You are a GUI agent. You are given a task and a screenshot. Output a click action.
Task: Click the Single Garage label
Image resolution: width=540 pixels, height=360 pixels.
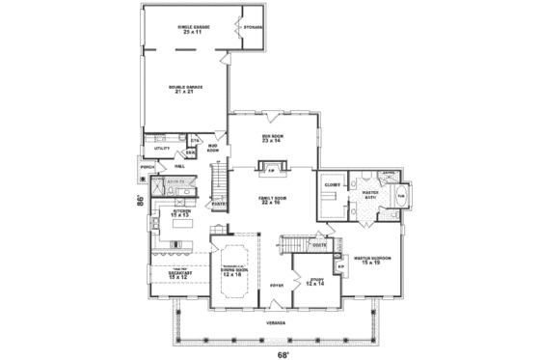[194, 29]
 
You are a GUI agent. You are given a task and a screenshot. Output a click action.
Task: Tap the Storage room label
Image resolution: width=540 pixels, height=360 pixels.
[254, 27]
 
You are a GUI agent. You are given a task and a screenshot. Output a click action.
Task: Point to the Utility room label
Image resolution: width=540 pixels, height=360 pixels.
[161, 149]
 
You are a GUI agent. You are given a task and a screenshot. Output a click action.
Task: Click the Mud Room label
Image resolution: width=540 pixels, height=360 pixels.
[213, 149]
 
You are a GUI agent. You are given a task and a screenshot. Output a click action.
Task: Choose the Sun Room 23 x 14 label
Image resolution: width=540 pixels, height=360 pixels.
[272, 139]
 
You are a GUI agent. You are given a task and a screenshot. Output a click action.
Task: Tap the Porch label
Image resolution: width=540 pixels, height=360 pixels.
[148, 167]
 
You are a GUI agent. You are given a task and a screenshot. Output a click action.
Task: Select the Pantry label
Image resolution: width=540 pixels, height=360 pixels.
[219, 204]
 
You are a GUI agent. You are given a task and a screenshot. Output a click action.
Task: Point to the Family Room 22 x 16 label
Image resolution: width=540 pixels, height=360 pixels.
[272, 200]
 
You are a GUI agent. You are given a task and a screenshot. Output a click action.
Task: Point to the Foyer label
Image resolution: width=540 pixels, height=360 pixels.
[276, 287]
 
